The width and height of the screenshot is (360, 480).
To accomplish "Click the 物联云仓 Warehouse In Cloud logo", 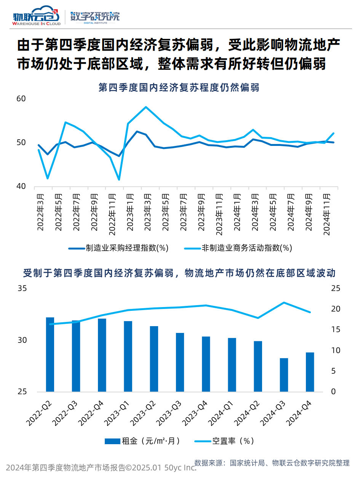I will point(37,16).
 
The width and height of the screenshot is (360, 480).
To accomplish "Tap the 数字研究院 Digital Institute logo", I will point(95,17).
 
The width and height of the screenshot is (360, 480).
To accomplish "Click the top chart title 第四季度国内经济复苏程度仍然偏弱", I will point(179,88).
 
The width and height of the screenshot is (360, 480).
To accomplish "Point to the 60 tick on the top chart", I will point(21,99).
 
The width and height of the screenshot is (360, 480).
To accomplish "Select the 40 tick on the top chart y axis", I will point(21,187).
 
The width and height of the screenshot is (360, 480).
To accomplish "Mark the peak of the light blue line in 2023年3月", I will point(146,107).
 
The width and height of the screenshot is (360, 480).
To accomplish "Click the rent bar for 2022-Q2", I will point(50,354).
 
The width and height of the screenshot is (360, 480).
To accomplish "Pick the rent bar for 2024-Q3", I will point(284,375).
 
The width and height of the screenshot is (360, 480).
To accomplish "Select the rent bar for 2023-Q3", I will point(180,362).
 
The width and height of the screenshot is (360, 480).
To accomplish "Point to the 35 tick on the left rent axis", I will point(22,288).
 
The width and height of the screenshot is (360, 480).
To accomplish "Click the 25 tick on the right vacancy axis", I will point(335,288).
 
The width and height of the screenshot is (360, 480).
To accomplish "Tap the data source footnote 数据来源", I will point(272,463).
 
